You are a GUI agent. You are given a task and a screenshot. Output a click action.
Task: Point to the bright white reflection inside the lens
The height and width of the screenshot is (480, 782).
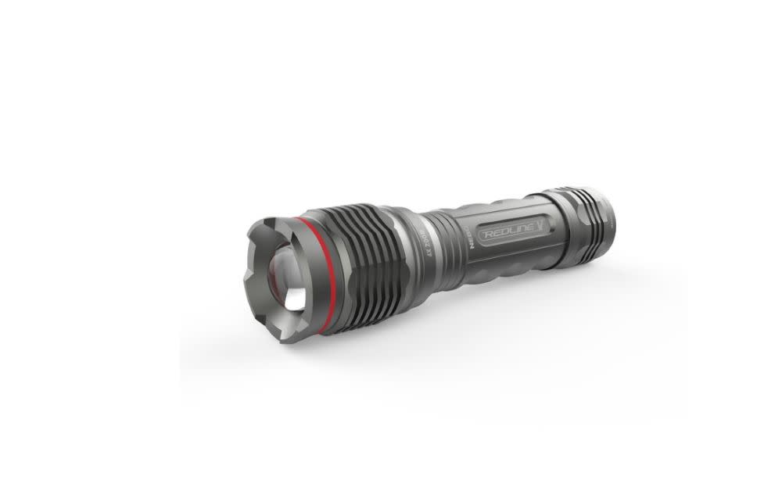point(295,301)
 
